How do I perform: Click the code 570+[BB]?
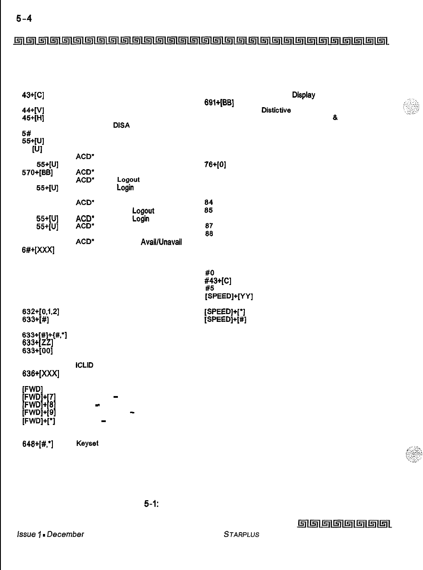tap(37, 172)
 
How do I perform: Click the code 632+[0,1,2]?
tap(41, 311)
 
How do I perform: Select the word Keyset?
tap(87, 443)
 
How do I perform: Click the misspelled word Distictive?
tap(276, 110)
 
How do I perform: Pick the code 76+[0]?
tap(215, 164)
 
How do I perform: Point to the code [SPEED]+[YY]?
tap(228, 297)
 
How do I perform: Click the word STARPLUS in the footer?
tap(241, 534)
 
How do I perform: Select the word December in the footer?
tap(65, 534)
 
